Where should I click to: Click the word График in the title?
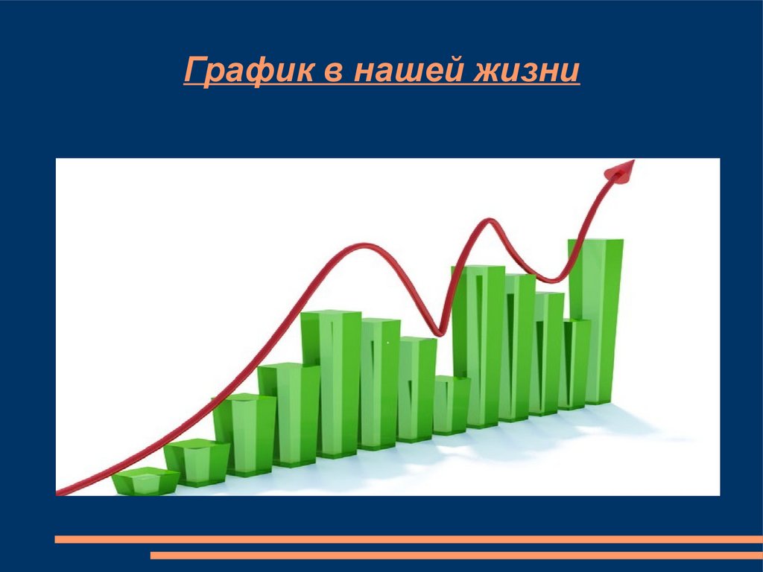coord(249,71)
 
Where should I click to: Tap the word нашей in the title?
coord(407,71)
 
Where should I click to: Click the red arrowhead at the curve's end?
coord(621,171)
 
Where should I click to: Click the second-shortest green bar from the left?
coord(197,462)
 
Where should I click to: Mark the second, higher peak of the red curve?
coord(487,221)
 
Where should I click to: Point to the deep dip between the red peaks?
coord(439,333)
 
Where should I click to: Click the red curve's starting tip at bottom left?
coord(58,492)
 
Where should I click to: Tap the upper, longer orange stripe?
coord(409,539)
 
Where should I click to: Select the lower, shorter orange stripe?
coord(457,555)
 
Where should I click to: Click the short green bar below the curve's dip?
coord(451,404)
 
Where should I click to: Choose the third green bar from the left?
coord(244,435)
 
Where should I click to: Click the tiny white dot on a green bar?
coord(387,343)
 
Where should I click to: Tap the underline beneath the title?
coord(382,86)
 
